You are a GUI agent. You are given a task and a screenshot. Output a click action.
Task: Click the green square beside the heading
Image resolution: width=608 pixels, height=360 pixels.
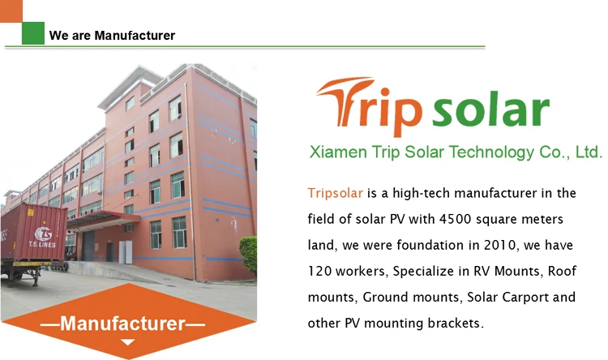click(x=33, y=33)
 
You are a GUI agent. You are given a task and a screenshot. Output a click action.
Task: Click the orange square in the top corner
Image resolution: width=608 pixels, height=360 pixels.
click(x=11, y=11)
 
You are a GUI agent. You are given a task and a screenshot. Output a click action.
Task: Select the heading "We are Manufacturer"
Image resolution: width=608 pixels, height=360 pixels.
click(x=112, y=36)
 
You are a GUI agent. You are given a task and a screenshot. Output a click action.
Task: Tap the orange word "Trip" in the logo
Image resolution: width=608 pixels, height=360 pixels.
click(x=369, y=106)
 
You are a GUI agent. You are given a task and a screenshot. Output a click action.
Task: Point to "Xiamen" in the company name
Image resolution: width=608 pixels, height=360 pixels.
click(x=338, y=152)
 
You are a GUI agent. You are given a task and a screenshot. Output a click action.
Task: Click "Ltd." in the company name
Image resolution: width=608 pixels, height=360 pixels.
click(x=589, y=152)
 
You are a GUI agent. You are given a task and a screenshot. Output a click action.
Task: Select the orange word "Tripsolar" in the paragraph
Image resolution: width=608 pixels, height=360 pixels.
click(x=336, y=193)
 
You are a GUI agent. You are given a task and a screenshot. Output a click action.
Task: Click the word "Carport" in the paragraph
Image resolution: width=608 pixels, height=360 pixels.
click(x=525, y=297)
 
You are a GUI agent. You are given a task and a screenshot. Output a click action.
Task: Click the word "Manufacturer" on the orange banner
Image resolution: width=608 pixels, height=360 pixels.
click(x=123, y=324)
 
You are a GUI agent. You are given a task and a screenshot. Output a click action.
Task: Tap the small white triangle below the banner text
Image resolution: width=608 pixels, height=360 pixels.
click(x=127, y=342)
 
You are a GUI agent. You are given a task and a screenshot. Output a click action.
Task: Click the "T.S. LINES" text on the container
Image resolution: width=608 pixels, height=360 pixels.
click(x=42, y=245)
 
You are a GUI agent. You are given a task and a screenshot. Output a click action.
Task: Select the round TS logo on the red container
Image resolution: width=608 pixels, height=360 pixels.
click(x=43, y=234)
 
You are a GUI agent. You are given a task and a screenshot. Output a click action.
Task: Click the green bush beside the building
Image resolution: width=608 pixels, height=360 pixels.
click(x=249, y=253)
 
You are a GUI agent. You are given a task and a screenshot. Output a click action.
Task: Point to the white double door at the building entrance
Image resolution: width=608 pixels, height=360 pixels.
click(x=125, y=252)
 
